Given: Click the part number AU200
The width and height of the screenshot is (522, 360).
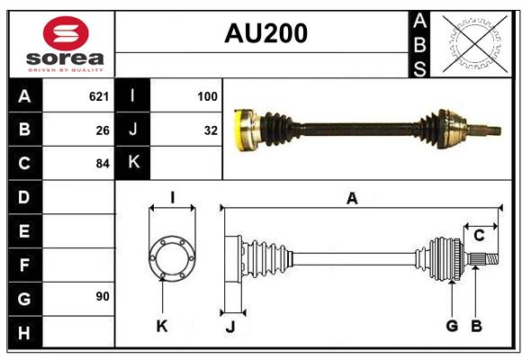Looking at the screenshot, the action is click(x=265, y=33).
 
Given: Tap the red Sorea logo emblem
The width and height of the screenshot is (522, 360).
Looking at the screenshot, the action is click(x=66, y=33).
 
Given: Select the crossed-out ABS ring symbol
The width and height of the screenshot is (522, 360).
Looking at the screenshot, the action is click(x=475, y=43).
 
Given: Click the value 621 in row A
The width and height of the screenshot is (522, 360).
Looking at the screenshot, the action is click(x=99, y=96).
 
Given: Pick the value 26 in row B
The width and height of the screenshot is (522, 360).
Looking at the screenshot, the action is click(x=103, y=130).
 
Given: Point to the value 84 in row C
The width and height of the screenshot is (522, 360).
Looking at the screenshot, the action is click(x=103, y=164).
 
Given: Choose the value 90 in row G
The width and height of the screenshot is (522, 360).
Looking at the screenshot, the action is click(x=103, y=296).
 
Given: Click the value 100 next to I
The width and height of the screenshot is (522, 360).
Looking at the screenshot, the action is click(x=207, y=96).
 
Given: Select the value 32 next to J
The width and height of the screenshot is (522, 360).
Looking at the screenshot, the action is click(x=211, y=130).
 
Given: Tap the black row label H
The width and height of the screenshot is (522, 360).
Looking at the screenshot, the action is click(x=25, y=332).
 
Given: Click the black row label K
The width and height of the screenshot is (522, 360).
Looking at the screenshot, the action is click(x=132, y=163).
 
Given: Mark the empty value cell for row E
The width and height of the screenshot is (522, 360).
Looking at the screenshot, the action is click(x=78, y=230).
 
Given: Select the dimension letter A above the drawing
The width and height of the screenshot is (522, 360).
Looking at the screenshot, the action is click(x=352, y=199).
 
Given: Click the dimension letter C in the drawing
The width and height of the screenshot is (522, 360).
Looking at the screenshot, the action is click(x=479, y=236).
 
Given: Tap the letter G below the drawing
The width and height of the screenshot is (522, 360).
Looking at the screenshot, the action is click(x=452, y=326).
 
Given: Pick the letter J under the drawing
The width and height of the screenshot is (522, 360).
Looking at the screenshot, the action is click(x=230, y=327).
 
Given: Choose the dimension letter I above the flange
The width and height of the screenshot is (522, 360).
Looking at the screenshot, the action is click(x=173, y=197).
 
